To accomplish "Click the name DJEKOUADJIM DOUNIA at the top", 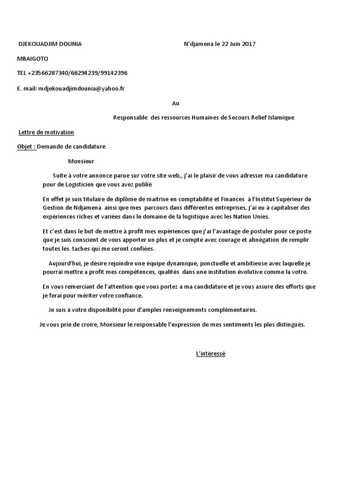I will point(50,44).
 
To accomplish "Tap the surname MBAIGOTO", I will point(33,59).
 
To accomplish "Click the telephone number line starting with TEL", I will point(72,73).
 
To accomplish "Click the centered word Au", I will point(175,103).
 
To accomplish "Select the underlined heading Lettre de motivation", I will point(46,132).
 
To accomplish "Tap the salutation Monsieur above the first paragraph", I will point(81,161).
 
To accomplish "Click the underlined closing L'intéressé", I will point(210,353).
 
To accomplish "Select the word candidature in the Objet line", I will point(89,146).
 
